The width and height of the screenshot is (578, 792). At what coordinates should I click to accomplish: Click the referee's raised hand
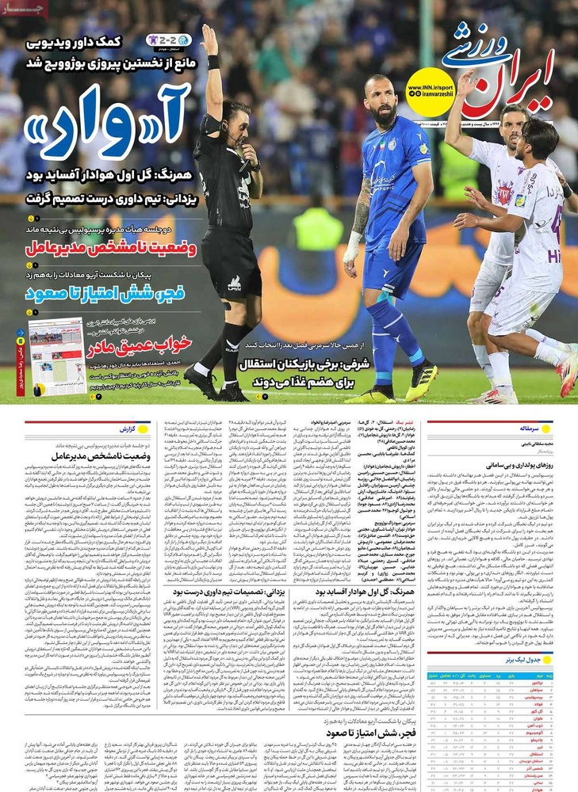coord(209,37)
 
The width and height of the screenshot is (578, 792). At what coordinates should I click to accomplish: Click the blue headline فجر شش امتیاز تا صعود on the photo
coord(105,293)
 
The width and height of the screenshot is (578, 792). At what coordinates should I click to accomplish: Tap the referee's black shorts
coord(232,269)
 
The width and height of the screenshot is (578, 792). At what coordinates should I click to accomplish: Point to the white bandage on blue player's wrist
coord(352,247)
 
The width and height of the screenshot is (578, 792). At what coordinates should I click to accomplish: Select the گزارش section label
coord(126,428)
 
